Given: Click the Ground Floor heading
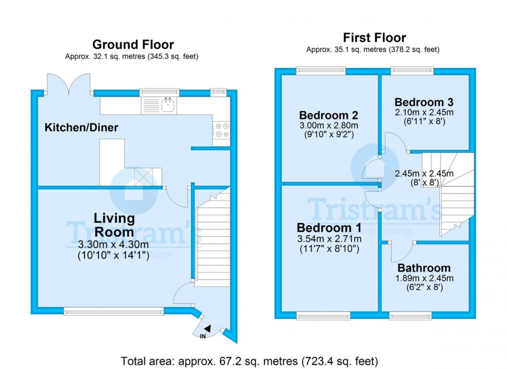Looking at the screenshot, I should click(133, 45).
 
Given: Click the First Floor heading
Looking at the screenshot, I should click(374, 38).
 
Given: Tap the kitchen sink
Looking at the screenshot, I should click(169, 104).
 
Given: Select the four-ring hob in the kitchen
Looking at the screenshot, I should click(221, 130).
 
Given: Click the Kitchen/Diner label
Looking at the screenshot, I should click(82, 128).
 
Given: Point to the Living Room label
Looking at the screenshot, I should click(114, 225).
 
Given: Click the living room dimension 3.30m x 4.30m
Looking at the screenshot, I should click(113, 245).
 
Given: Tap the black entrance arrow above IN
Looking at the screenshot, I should click(207, 329).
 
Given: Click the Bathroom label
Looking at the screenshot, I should click(424, 268).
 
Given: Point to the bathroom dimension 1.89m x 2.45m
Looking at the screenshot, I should click(424, 278).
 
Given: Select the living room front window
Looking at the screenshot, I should click(114, 311).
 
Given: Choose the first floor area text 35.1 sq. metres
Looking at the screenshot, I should click(373, 50).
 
